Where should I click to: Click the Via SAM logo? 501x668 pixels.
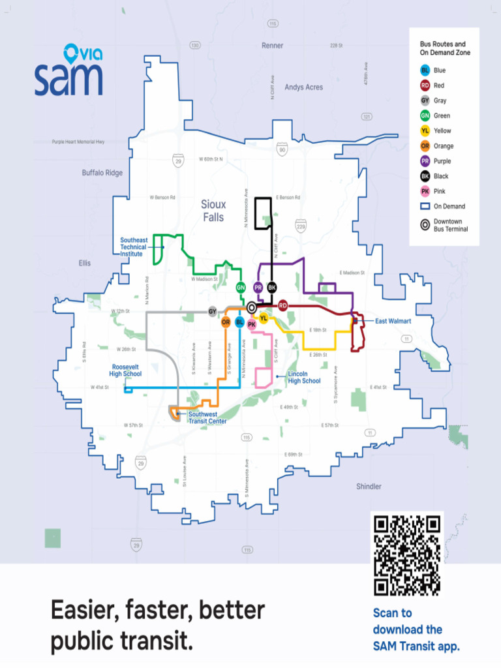click(68, 70)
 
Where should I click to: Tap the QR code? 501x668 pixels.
click(407, 554)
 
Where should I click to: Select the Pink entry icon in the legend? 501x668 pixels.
click(425, 191)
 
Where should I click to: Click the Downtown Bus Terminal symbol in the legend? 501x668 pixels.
click(425, 225)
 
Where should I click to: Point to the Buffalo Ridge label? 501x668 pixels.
click(102, 173)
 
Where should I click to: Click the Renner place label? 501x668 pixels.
click(273, 46)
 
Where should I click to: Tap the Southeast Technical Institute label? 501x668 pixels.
click(133, 247)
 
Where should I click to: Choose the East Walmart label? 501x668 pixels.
click(393, 321)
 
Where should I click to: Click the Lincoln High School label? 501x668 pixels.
click(304, 377)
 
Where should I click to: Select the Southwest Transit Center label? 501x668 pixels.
click(207, 417)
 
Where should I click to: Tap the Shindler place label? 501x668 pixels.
click(369, 487)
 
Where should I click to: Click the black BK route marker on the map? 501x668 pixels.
click(272, 287)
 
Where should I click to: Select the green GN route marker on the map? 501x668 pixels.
click(241, 287)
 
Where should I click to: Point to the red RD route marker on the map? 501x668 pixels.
click(283, 305)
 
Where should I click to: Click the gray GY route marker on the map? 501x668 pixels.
click(212, 312)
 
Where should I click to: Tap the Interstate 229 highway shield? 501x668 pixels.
click(301, 226)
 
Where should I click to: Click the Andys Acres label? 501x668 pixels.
click(303, 87)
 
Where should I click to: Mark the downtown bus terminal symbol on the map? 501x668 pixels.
click(252, 306)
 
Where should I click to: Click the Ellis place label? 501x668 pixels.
click(85, 263)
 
